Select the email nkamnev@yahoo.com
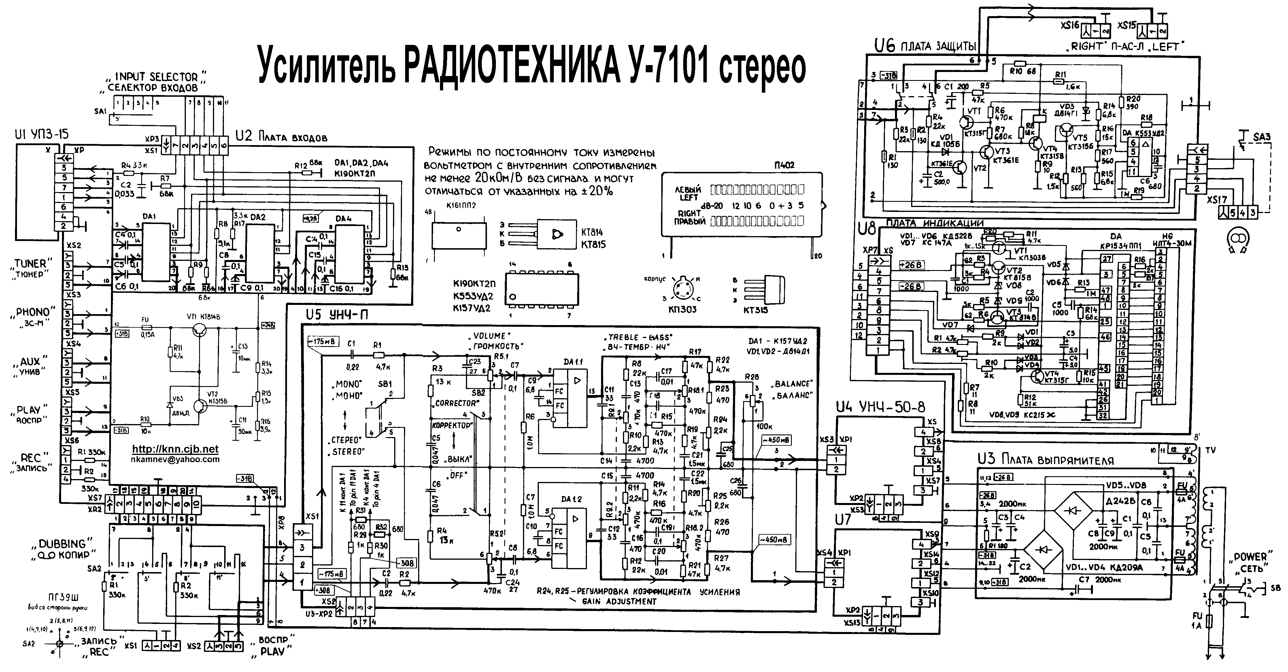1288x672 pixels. (x=175, y=459)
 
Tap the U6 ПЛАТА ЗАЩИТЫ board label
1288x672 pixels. (x=925, y=46)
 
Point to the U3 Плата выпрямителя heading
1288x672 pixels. (x=1045, y=459)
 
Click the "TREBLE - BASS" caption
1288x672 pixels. (x=640, y=337)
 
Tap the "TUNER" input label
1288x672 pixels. (x=30, y=264)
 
